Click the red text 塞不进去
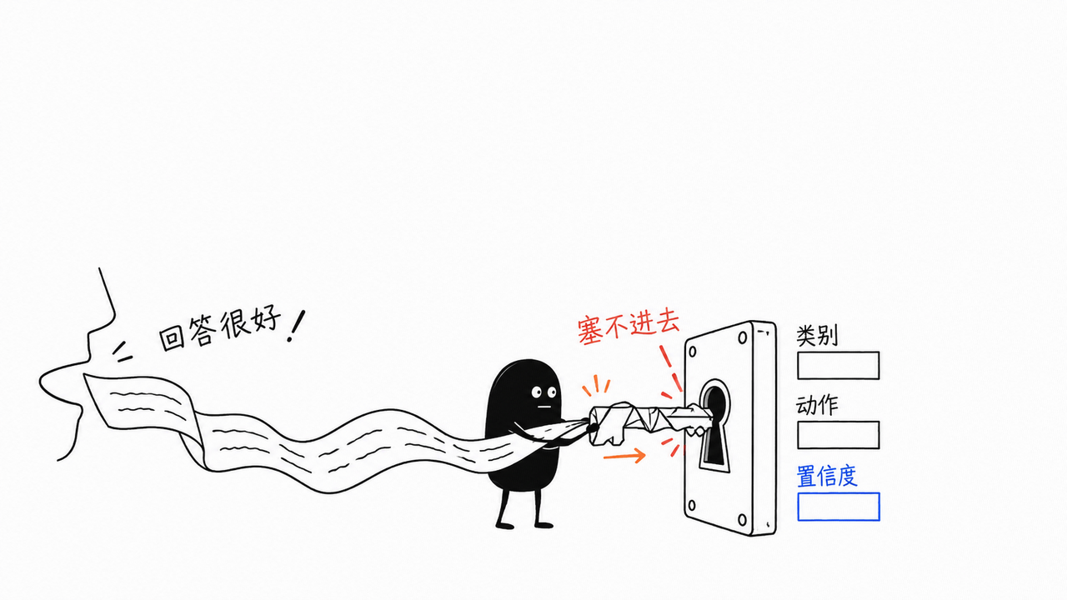629,327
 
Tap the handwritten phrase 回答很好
220,332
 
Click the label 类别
816,335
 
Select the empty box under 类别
839,365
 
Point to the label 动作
816,405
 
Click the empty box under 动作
839,435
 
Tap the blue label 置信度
827,476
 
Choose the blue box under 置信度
839,507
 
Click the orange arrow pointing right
624,456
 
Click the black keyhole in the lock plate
714,428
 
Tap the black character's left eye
537,392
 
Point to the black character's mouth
544,407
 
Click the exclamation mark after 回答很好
296,327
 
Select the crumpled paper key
650,422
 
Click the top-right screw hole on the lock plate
743,337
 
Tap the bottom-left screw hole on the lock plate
692,505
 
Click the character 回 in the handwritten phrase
172,338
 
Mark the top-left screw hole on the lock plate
693,352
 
